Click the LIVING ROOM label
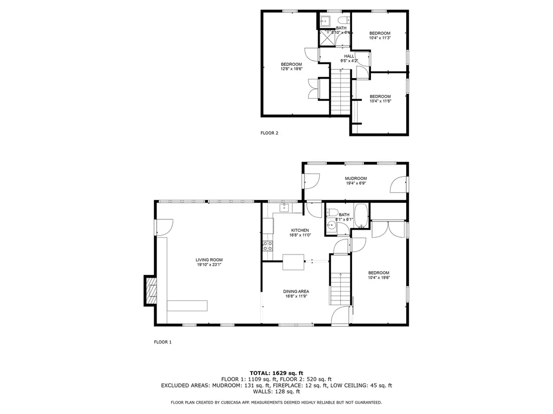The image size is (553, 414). (x=209, y=260)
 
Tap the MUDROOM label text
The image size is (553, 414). (x=356, y=178)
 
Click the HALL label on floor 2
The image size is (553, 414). (x=349, y=56)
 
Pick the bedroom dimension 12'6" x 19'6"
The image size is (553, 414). (x=291, y=69)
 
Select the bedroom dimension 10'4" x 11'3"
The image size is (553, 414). (x=380, y=38)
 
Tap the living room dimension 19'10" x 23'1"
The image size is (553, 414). (x=209, y=265)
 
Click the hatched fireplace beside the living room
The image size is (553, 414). (x=150, y=291)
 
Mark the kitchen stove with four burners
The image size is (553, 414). (x=267, y=246)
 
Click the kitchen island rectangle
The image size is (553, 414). (x=293, y=261)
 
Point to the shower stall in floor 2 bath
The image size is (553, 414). (x=326, y=36)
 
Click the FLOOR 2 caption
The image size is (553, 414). (x=269, y=133)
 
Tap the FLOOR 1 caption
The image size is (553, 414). (x=163, y=342)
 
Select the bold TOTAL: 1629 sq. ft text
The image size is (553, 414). (x=276, y=373)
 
